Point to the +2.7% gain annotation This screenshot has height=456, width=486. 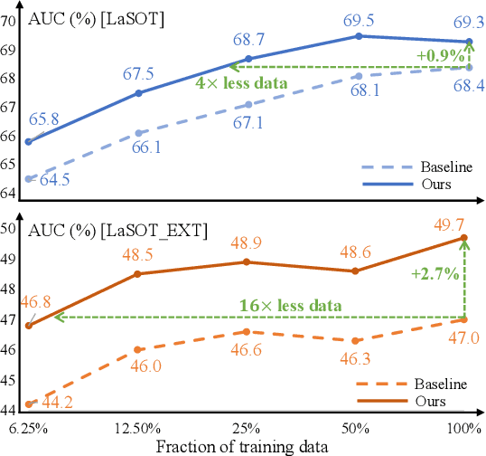pos(441,271)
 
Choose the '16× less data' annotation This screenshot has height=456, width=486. pos(291,305)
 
